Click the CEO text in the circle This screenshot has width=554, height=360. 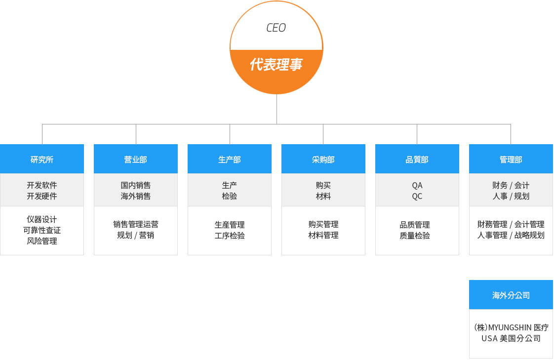276,28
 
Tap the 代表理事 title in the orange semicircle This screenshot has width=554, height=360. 277,65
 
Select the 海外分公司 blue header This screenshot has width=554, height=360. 511,295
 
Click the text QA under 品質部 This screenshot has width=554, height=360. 417,185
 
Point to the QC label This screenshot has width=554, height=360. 417,196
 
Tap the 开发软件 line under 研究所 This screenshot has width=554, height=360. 42,185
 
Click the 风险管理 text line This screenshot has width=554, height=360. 42,241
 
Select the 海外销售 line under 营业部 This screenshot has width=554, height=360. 136,196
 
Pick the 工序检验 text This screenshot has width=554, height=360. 230,235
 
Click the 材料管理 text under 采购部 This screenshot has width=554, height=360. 323,235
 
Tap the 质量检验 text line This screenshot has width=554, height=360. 415,235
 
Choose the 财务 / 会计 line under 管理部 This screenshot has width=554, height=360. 511,185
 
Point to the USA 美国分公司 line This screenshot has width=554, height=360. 511,338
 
